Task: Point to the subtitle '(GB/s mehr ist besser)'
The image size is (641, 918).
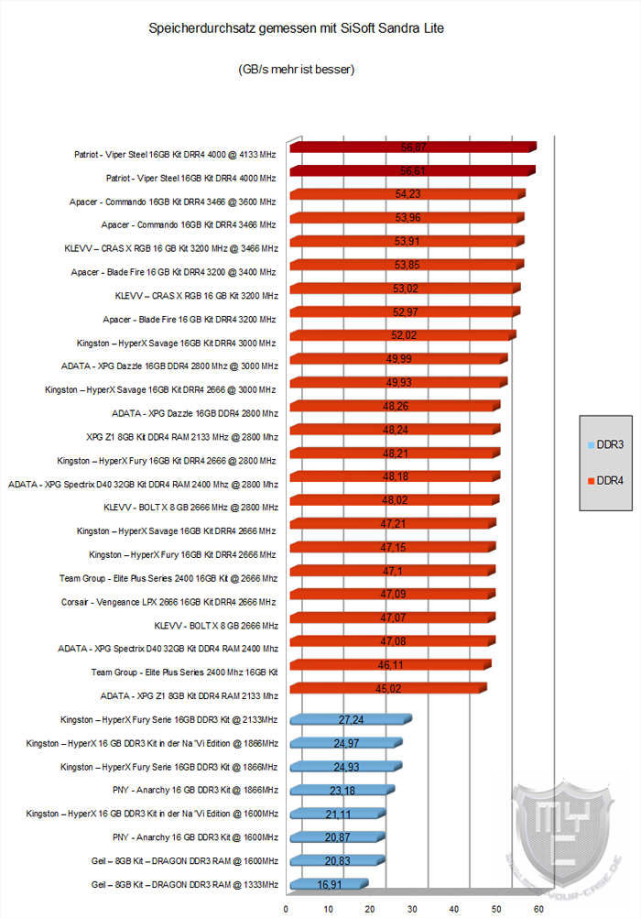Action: (x=295, y=69)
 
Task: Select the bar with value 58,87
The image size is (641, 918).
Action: (x=412, y=147)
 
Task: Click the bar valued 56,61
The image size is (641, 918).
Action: (x=411, y=170)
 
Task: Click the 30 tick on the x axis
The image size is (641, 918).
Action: (x=413, y=909)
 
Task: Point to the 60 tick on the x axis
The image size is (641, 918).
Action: (x=538, y=909)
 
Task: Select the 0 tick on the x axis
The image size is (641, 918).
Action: (x=287, y=909)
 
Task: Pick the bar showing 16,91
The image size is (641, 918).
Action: (x=328, y=885)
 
